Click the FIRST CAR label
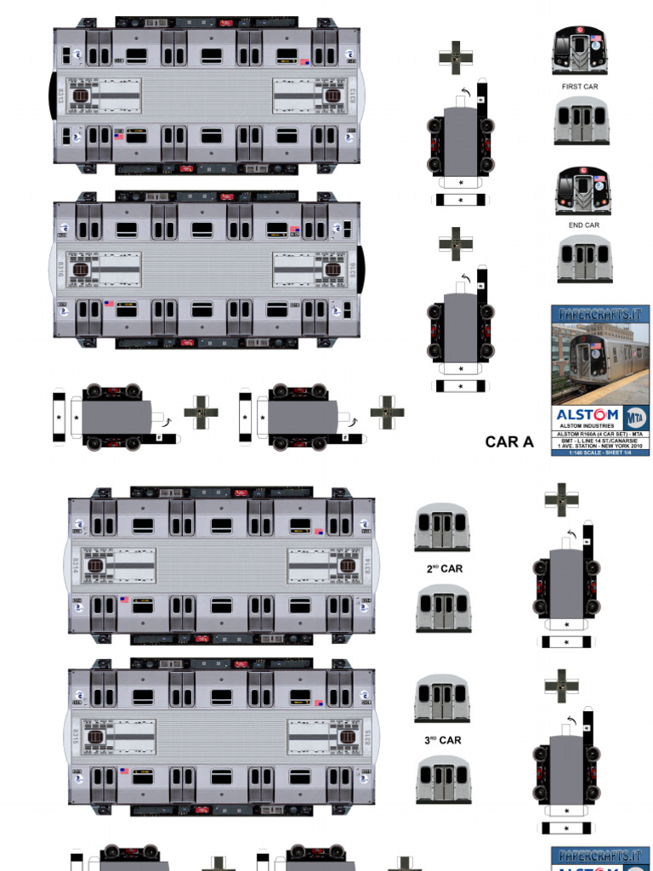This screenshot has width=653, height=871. pyautogui.click(x=580, y=87)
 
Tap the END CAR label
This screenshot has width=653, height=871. pyautogui.click(x=583, y=225)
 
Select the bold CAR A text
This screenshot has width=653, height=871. pyautogui.click(x=509, y=441)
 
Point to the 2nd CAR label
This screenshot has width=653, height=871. pyautogui.click(x=444, y=568)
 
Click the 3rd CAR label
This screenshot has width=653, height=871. pyautogui.click(x=443, y=740)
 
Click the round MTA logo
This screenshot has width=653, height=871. pyautogui.click(x=634, y=417)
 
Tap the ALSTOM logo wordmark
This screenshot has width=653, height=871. pyautogui.click(x=588, y=415)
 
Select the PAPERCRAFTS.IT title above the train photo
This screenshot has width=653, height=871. pyautogui.click(x=599, y=313)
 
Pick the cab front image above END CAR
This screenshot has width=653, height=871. pyautogui.click(x=582, y=191)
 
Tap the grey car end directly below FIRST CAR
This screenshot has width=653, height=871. pyautogui.click(x=582, y=120)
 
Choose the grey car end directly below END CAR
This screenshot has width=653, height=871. pyautogui.click(x=585, y=259)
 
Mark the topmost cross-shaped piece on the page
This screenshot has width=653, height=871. pyautogui.click(x=456, y=57)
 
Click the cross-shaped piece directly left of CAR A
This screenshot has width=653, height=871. pyautogui.click(x=387, y=413)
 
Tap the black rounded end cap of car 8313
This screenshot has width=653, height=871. pyautogui.click(x=53, y=95)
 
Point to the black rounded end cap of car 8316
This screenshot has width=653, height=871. pyautogui.click(x=361, y=269)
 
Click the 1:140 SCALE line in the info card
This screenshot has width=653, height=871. pyautogui.click(x=599, y=452)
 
